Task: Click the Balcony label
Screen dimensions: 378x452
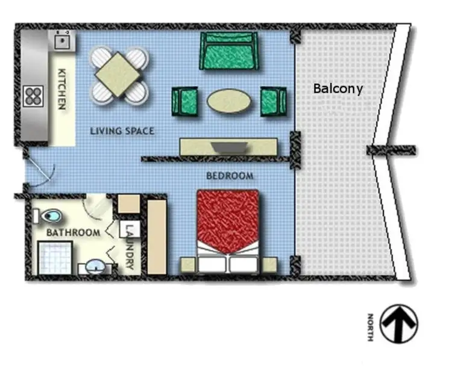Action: (338, 88)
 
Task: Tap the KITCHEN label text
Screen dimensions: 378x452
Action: (61, 88)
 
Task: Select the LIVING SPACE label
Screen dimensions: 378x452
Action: (122, 131)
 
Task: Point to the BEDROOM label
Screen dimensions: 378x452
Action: (230, 176)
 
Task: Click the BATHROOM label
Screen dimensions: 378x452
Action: (73, 232)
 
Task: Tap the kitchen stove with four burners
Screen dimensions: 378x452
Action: (34, 95)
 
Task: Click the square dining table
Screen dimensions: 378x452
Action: (119, 73)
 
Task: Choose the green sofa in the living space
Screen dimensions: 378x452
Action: (229, 51)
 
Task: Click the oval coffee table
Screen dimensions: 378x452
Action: (229, 101)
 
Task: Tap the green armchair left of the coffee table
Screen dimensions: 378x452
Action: (185, 101)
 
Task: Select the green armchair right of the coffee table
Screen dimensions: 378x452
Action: (273, 101)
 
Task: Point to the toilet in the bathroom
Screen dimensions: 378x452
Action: (50, 215)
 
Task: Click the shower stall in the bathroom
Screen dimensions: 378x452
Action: (55, 258)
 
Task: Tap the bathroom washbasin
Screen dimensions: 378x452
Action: (95, 265)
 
